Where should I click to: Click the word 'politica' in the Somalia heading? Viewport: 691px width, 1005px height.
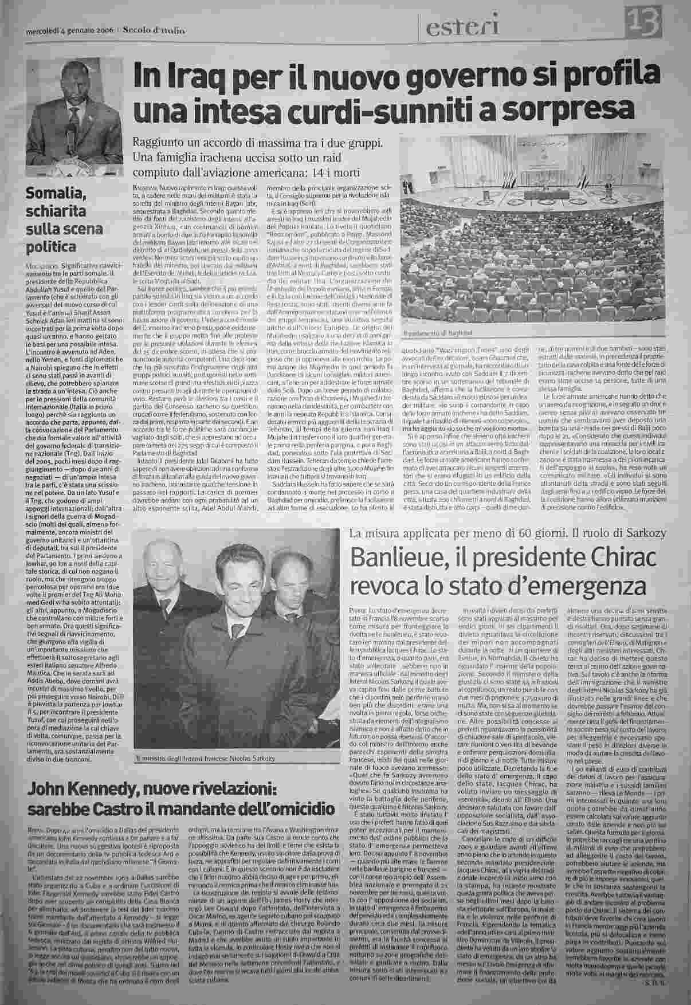pos(52,247)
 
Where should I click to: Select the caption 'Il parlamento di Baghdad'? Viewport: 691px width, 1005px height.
pos(438,332)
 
